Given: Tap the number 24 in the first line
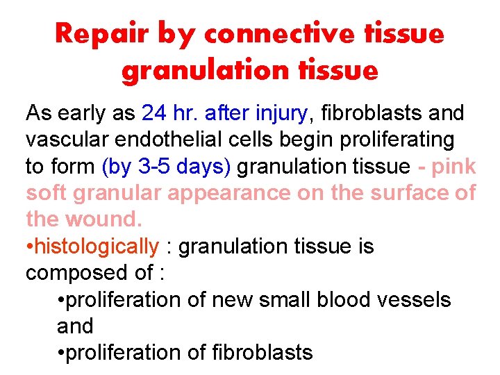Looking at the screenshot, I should pos(153,112).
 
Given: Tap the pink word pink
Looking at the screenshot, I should pos(452,166).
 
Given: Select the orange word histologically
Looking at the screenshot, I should pos(97,246).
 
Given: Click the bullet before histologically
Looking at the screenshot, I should pos(30,247).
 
